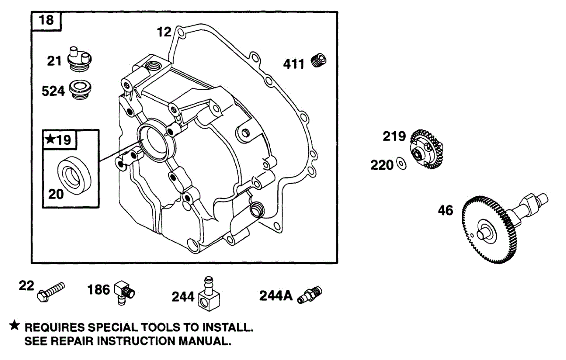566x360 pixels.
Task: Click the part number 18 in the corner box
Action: click(46, 20)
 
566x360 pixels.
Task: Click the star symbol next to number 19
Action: click(50, 140)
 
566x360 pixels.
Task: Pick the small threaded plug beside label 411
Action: click(319, 61)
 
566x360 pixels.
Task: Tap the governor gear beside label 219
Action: click(426, 149)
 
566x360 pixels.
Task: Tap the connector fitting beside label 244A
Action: click(310, 294)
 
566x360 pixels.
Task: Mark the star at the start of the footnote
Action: click(15, 326)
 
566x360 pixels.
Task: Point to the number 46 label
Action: click(445, 210)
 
